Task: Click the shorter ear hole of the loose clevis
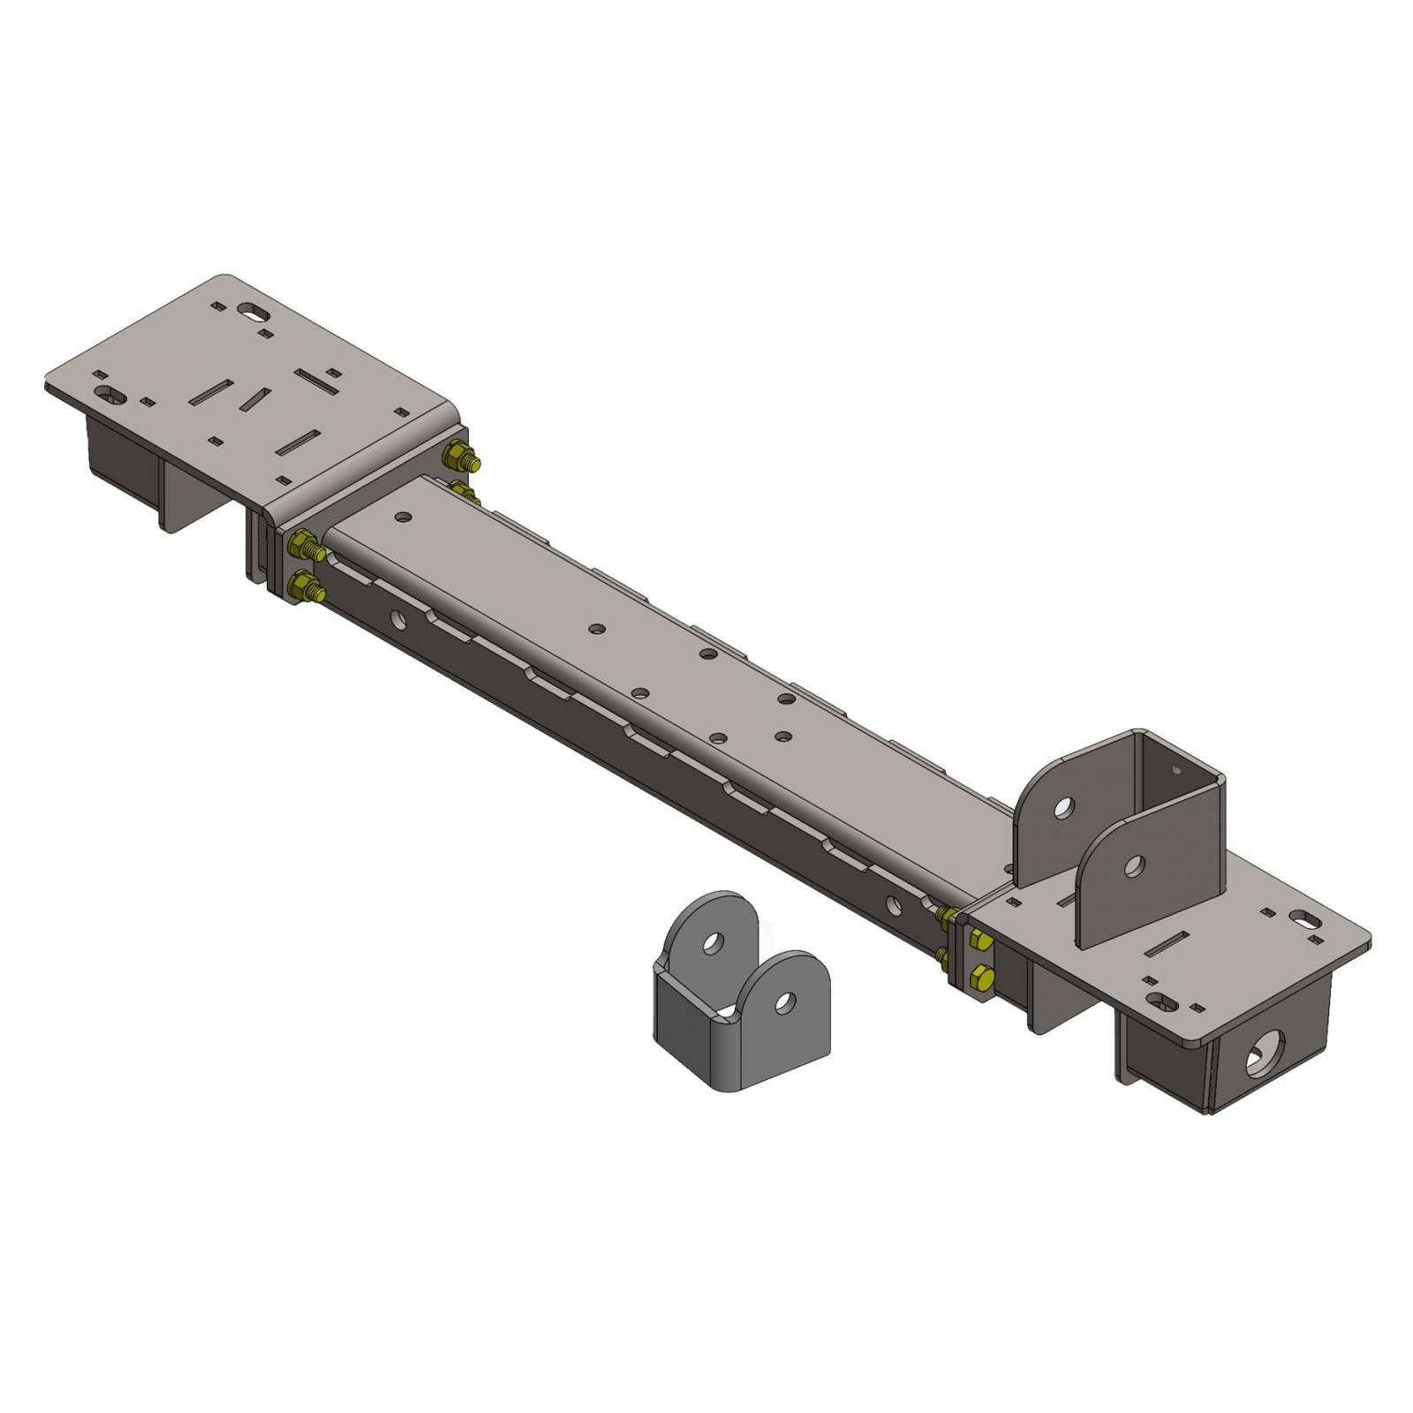click(783, 1001)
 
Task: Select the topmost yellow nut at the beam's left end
click(461, 458)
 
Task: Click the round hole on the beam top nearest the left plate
click(404, 519)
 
